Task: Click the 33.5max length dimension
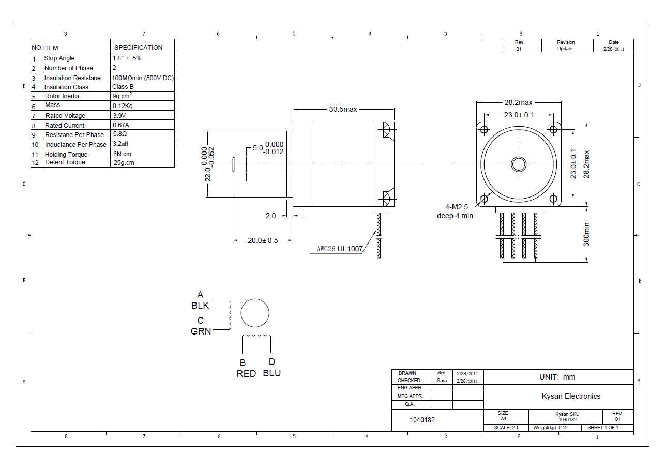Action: (x=343, y=109)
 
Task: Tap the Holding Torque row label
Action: (x=66, y=154)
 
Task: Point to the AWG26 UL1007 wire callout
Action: (x=340, y=249)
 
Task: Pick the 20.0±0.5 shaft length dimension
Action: (x=263, y=240)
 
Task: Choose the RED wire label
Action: (x=246, y=374)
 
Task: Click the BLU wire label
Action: (x=272, y=373)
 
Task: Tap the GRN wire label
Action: (x=201, y=331)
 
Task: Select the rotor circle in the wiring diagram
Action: (x=255, y=313)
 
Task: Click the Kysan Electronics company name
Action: (x=571, y=396)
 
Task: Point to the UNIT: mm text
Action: (x=557, y=377)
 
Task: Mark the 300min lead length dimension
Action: (x=586, y=234)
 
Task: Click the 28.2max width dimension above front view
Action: (x=518, y=102)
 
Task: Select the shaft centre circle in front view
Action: (x=519, y=164)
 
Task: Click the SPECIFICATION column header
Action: (x=138, y=47)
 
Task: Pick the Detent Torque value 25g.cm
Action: (x=124, y=163)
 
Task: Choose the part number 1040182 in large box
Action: (x=422, y=420)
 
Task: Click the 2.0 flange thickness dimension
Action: (x=271, y=216)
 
